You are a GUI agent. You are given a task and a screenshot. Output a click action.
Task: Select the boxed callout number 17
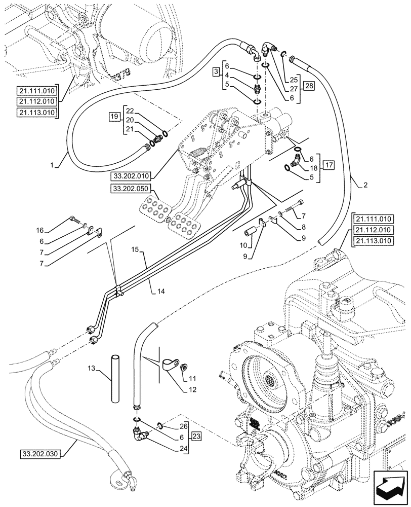(x=329, y=165)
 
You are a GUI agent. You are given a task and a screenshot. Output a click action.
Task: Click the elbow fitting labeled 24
(x=140, y=433)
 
